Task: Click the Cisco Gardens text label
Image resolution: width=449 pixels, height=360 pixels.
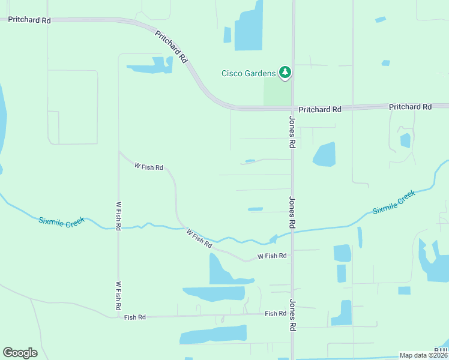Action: coord(249,74)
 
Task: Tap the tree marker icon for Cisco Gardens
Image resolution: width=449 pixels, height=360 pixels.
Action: coord(285,73)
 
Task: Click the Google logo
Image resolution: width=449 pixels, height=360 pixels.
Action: coord(20,353)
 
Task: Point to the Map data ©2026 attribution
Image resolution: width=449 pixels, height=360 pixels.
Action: coord(424,355)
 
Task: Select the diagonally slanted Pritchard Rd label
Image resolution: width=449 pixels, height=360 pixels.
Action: coord(172,47)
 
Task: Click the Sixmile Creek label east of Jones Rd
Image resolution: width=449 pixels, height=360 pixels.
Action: coord(393,202)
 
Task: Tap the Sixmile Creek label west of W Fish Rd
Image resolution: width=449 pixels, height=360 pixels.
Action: coord(62,221)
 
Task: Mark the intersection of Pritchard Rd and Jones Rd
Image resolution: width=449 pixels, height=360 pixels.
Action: coord(292,109)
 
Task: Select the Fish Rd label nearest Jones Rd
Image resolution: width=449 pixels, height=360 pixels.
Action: coord(276,314)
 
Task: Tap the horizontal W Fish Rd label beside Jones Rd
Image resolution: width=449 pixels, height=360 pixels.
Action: coord(272,256)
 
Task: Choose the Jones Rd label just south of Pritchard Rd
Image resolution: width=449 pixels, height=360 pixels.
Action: coord(292,132)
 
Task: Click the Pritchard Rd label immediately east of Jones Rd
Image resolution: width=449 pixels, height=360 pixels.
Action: coord(320,109)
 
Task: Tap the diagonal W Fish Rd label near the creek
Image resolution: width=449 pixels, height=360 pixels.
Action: coord(199,238)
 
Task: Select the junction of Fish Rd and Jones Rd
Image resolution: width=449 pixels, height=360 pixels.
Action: coord(292,313)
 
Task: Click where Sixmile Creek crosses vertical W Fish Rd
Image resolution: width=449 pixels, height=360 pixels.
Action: coord(118,227)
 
